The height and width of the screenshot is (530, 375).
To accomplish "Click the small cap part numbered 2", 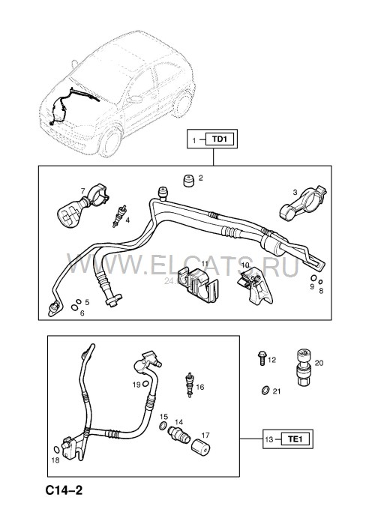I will [x=188, y=180].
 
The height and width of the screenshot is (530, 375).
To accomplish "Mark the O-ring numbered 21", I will [x=265, y=391].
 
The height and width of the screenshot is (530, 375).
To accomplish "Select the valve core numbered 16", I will [x=190, y=384].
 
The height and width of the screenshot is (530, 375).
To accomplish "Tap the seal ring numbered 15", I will [x=163, y=426].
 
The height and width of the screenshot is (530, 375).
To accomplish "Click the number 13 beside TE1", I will [x=269, y=439].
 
